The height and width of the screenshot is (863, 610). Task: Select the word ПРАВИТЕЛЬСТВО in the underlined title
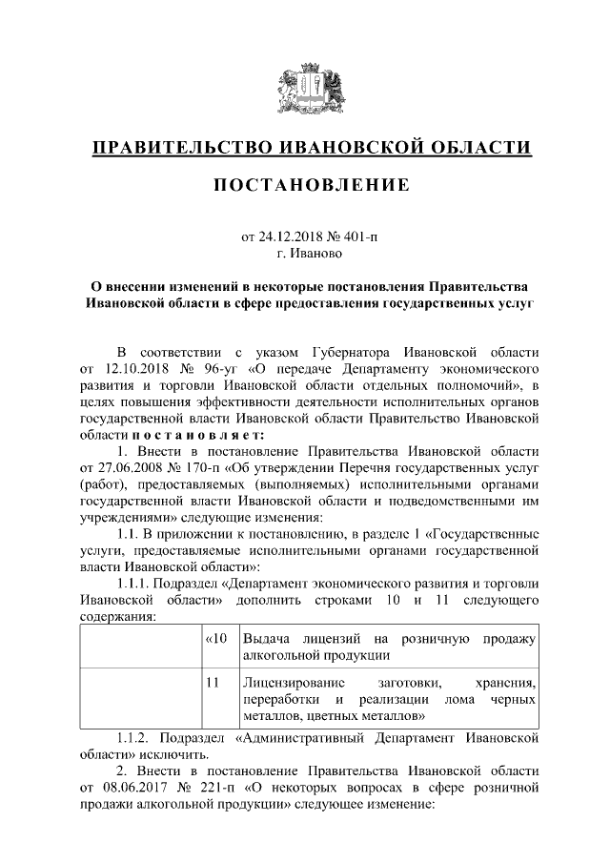click(179, 148)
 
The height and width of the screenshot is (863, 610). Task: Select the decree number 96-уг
click(218, 367)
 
